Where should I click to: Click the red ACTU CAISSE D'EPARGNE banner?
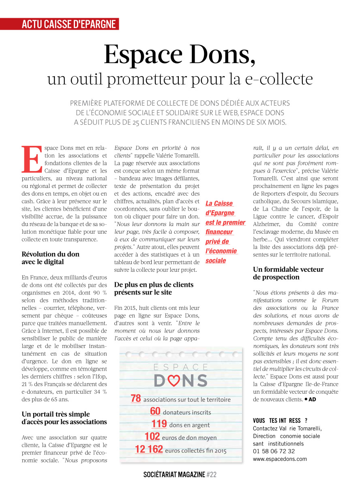[69, 24]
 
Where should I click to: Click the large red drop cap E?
[31, 158]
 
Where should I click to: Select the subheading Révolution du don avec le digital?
[50, 258]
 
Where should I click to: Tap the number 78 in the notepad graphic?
[136, 399]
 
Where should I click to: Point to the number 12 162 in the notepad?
[149, 449]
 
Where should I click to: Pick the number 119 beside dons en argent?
[159, 424]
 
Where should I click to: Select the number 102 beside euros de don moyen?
[152, 437]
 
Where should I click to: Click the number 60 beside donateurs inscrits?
[155, 411]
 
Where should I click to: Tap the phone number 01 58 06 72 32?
[274, 451]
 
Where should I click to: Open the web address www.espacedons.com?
[280, 459]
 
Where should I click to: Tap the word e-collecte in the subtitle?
[282, 79]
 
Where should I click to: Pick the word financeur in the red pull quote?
[219, 232]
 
